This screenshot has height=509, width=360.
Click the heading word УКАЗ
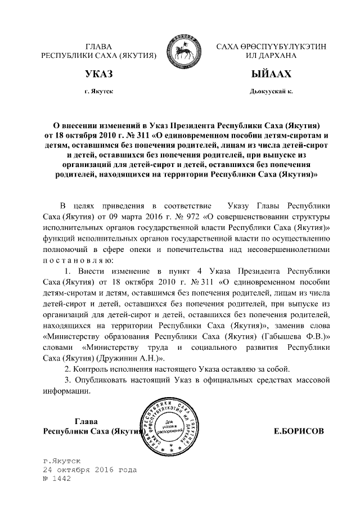click(x=99, y=74)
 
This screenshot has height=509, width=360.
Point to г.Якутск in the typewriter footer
click(x=65, y=460)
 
